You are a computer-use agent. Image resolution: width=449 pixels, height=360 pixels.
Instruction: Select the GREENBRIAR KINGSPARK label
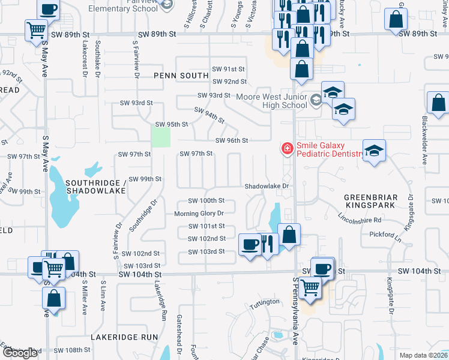[369, 201]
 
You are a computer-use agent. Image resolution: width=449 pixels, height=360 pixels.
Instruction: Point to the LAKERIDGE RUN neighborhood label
[124, 338]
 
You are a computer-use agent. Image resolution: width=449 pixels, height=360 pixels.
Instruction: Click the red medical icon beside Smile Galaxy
[287, 148]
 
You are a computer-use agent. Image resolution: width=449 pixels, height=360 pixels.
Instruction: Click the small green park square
[161, 137]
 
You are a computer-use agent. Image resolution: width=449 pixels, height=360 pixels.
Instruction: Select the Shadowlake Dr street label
[267, 186]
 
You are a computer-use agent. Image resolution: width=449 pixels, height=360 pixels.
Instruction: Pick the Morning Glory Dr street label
[199, 214]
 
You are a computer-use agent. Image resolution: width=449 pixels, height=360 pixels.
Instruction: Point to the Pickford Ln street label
[384, 234]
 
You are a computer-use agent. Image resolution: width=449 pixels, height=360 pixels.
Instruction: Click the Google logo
[20, 353]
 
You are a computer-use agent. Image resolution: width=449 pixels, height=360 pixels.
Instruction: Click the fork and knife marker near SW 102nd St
[267, 242]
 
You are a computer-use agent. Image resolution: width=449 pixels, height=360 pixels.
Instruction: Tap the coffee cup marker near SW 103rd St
[249, 243]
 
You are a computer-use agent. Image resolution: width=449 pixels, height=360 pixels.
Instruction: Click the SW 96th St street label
[232, 141]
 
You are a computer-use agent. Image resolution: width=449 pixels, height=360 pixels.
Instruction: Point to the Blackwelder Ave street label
[424, 140]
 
